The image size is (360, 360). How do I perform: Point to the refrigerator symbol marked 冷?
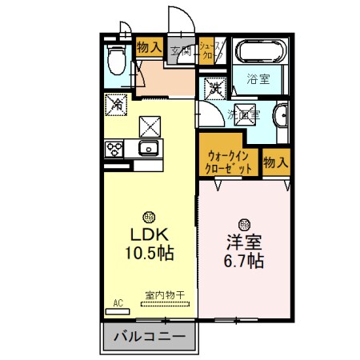pos(116,104)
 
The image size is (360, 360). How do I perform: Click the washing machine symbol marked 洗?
pos(215,87)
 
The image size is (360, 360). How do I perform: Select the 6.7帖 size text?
pos(243,261)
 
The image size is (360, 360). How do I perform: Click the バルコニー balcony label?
pos(148,336)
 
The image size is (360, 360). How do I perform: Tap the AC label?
pos(118,302)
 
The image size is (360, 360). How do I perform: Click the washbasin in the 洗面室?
pos(281,117)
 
